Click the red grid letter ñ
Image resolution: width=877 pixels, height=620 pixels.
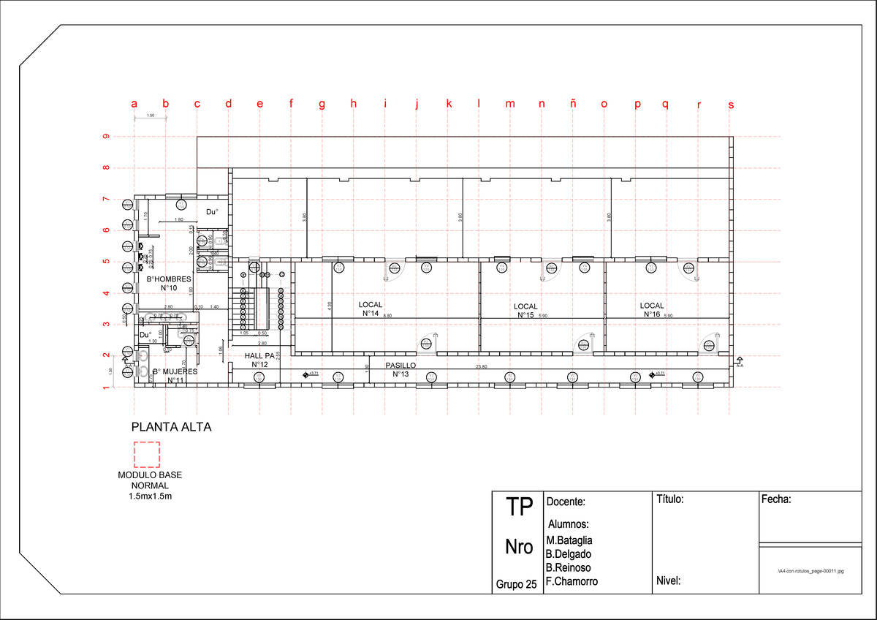(573, 104)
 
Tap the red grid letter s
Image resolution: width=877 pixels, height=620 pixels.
(731, 105)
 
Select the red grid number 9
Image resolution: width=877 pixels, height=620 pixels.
(106, 137)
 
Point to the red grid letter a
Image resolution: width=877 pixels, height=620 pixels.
(134, 104)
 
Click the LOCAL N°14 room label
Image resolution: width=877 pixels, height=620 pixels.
(371, 309)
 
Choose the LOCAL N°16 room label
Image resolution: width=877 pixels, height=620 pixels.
(652, 310)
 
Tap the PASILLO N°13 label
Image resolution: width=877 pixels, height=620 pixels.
(400, 369)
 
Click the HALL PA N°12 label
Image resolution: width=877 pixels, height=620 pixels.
(259, 360)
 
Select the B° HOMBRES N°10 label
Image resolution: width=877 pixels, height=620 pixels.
(169, 283)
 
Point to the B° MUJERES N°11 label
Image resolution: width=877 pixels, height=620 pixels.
(175, 376)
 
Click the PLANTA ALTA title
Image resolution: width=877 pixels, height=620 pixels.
(171, 427)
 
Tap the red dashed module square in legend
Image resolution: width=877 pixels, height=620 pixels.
(146, 454)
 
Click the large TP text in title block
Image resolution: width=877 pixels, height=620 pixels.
(519, 509)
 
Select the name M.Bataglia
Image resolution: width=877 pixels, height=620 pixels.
(569, 540)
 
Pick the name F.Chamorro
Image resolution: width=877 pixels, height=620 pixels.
(572, 582)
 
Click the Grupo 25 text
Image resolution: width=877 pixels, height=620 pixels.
(516, 584)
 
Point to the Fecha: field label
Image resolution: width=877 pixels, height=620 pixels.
(776, 500)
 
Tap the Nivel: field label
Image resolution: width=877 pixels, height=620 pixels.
(669, 582)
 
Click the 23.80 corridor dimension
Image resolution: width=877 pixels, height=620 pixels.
(482, 366)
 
